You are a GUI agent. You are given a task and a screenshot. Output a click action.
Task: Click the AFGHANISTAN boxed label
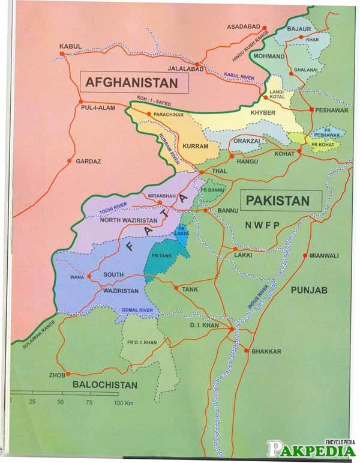(133, 82)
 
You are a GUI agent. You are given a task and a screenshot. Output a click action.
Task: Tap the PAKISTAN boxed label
(281, 201)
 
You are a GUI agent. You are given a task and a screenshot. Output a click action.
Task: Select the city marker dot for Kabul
(62, 56)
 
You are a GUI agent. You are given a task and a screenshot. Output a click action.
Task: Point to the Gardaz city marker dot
(70, 162)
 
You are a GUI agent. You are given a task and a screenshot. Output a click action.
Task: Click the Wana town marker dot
(89, 277)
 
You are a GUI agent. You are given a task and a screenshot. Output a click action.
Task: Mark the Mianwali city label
(324, 256)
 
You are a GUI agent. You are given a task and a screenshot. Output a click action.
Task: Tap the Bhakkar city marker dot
(245, 351)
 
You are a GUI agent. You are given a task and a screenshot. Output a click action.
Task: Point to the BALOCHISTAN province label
(105, 385)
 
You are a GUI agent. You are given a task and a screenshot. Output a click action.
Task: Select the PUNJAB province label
(309, 291)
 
